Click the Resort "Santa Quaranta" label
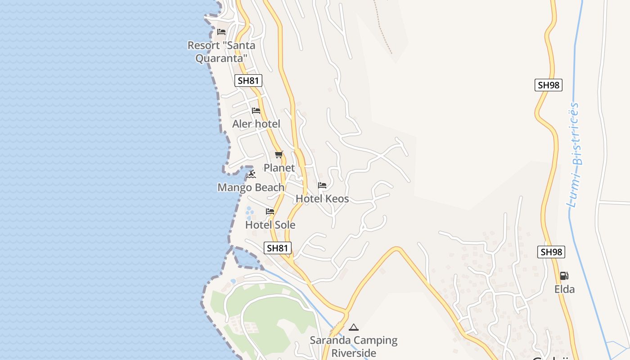(x=221, y=52)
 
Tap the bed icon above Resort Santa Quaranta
(x=221, y=32)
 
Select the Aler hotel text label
(x=256, y=124)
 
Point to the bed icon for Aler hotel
(x=256, y=110)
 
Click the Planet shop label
(x=279, y=168)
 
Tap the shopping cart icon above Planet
(x=279, y=155)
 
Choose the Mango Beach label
(x=251, y=188)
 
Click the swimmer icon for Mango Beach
(x=251, y=174)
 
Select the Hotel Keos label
(x=322, y=198)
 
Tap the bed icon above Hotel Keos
(x=322, y=185)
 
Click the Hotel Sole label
(x=270, y=225)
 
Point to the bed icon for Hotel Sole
(x=270, y=211)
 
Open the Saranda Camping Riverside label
(x=354, y=346)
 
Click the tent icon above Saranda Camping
(x=354, y=327)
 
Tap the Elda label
(x=564, y=289)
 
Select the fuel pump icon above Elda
(x=564, y=276)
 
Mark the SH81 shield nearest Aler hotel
(x=248, y=81)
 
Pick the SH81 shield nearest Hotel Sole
(x=278, y=248)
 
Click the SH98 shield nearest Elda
(x=551, y=252)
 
